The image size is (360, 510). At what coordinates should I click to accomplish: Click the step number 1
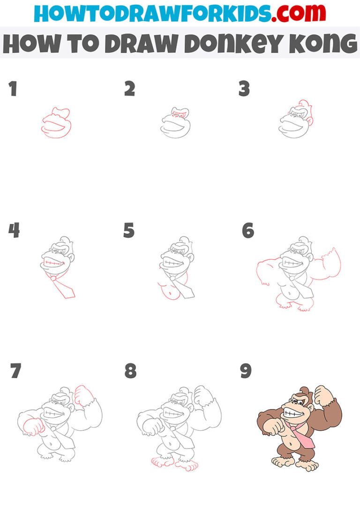(13, 89)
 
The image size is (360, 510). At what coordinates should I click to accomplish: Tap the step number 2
(129, 89)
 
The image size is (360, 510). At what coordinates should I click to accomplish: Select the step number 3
(244, 89)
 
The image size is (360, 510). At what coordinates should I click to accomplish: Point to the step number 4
(14, 230)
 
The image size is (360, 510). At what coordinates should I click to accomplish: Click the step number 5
(129, 230)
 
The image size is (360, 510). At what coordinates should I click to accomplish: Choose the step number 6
(247, 230)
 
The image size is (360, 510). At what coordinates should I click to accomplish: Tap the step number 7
(15, 371)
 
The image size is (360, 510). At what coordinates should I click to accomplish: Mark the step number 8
(130, 371)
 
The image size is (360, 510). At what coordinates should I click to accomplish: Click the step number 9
(246, 371)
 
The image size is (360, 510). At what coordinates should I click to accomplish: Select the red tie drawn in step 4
(63, 287)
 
